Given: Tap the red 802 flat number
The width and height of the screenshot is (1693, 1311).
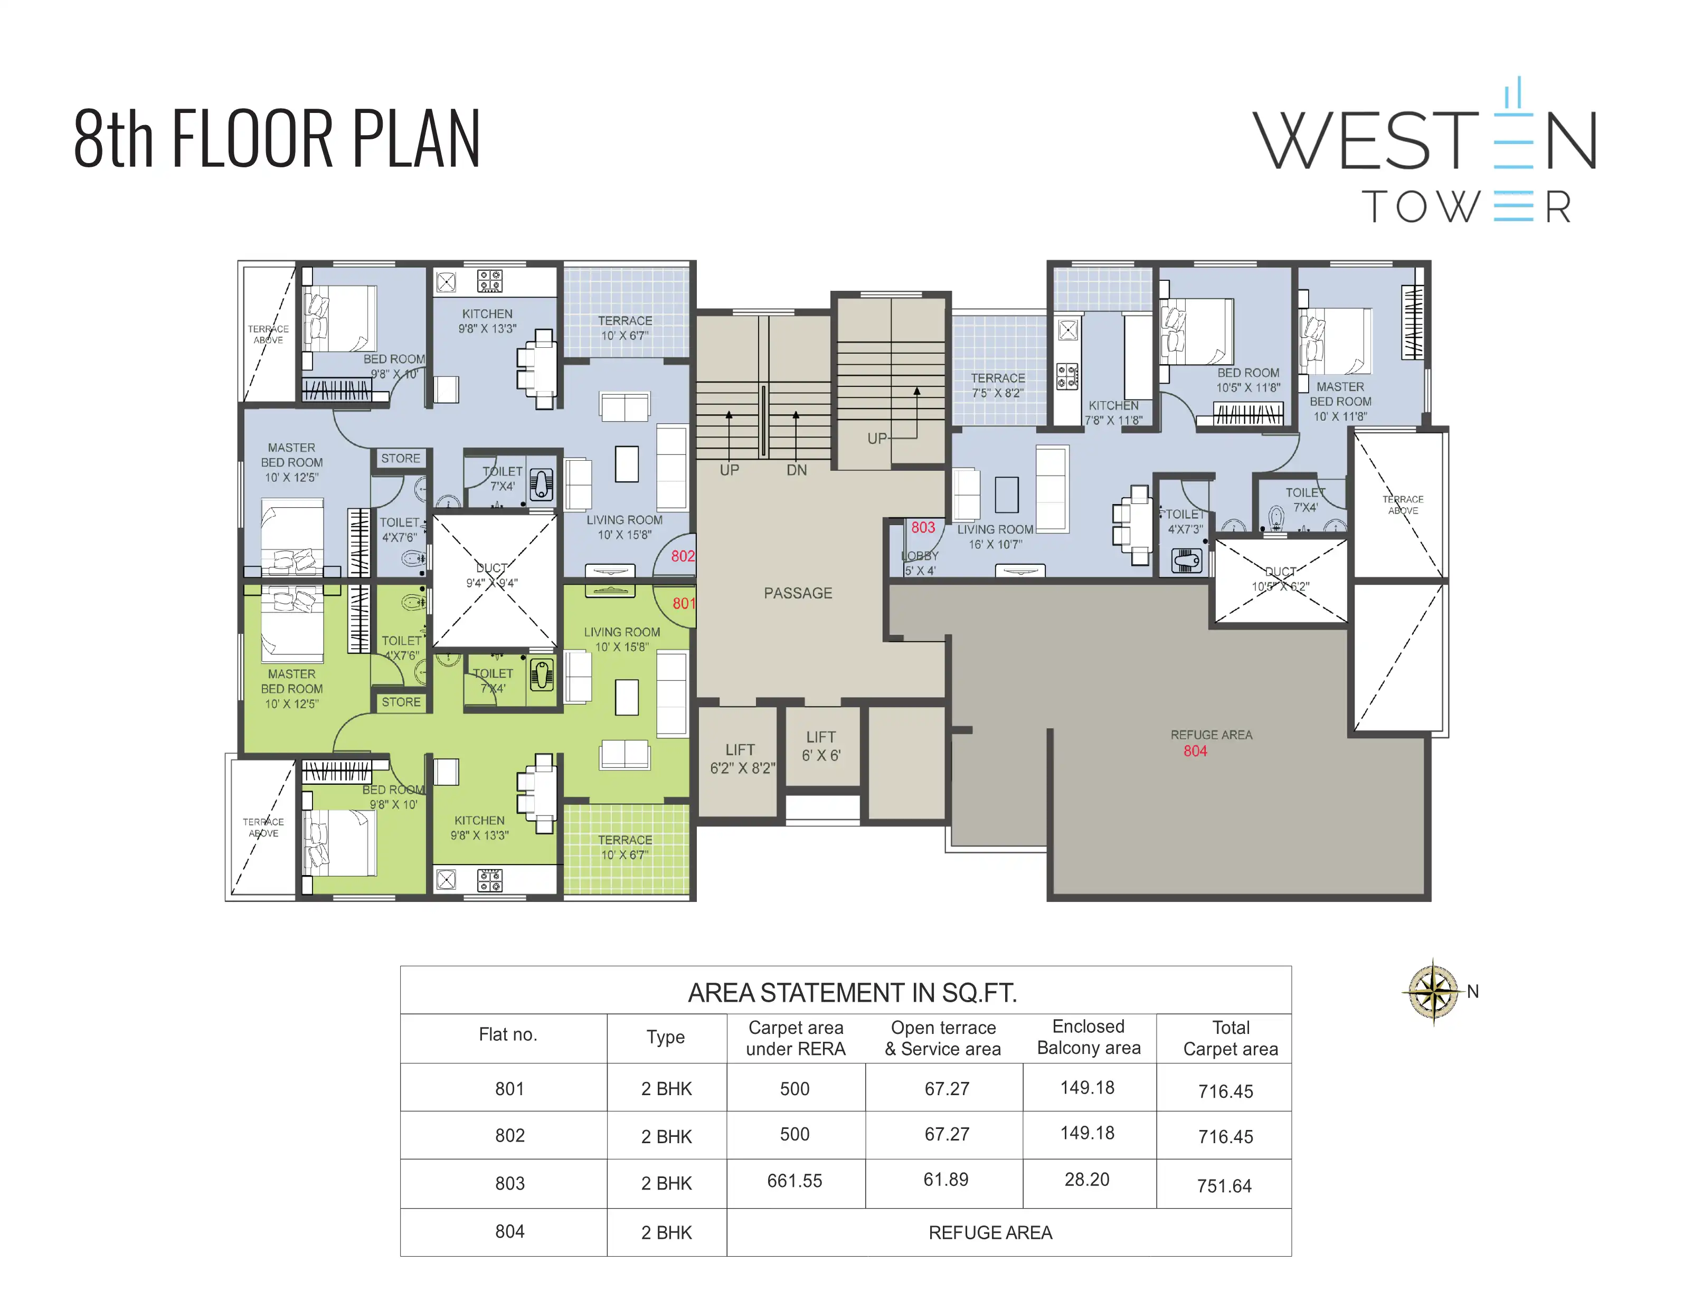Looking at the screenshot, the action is point(682,556).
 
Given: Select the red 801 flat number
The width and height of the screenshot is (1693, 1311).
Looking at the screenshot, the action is point(683,604).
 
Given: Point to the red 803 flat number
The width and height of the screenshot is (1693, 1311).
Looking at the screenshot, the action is point(922,528).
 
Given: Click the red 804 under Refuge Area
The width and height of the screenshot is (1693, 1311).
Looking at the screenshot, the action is point(1195,751).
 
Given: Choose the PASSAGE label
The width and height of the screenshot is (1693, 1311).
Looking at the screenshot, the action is point(798,594).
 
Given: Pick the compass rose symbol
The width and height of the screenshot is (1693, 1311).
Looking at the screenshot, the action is point(1433,992).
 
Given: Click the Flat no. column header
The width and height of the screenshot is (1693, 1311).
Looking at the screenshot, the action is point(508,1034).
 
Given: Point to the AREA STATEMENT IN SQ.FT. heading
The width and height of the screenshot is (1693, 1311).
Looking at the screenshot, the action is point(853,993).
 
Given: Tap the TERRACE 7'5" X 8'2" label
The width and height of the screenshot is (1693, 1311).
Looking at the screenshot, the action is point(998,385).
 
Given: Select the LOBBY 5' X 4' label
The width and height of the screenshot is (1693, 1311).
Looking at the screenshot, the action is point(920,563).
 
